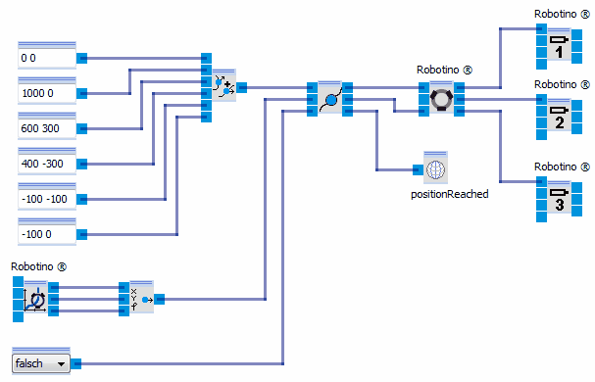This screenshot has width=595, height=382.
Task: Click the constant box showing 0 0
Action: pos(47,58)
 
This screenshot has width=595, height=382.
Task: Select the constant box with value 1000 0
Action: pos(47,93)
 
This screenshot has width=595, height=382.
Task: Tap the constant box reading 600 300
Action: pos(47,128)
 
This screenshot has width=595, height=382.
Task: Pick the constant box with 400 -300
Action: pos(47,164)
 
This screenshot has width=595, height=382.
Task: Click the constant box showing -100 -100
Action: pos(47,199)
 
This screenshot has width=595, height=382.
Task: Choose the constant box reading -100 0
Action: pos(47,234)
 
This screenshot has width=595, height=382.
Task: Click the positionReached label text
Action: pos(449,194)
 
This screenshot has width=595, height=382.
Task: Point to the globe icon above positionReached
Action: pos(434,168)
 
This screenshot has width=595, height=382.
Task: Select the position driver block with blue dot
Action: pos(330,99)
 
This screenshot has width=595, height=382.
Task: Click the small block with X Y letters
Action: pos(141,298)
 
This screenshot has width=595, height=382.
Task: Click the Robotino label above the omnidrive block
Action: pos(444,71)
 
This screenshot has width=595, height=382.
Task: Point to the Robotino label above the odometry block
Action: pos(39,267)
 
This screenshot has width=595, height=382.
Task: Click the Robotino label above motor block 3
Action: pos(562,167)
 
